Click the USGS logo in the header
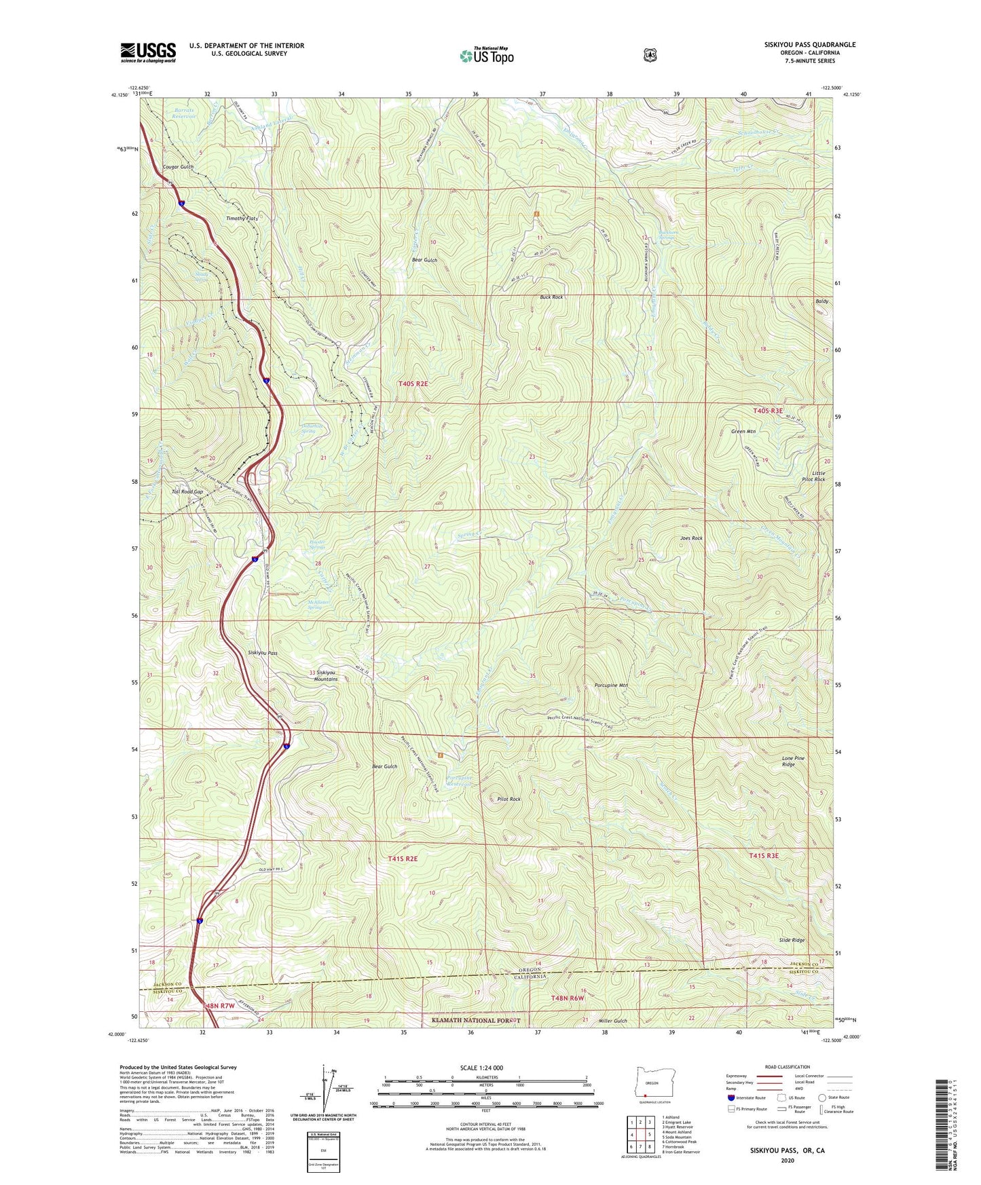coord(148,52)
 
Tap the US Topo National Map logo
coord(486,55)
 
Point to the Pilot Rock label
coord(509,800)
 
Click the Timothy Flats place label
coord(242,219)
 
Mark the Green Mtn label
coord(743,432)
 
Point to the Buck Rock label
coord(551,297)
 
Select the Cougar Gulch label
coord(178,167)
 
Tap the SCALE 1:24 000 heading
coord(481,1068)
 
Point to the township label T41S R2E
coord(403,859)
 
